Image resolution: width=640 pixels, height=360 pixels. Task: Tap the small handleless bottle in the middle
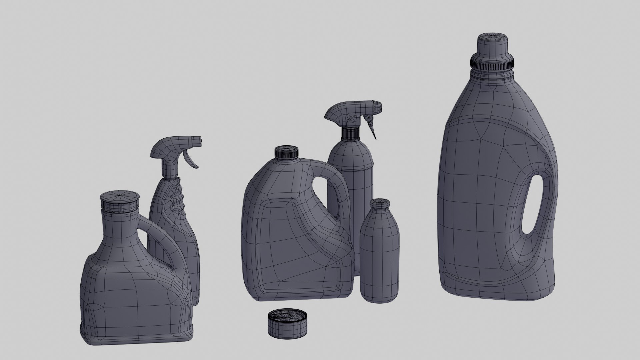pos(380,253)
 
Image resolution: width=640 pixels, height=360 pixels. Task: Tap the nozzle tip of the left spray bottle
pos(199,140)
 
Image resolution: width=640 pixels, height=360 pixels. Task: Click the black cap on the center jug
pos(286,152)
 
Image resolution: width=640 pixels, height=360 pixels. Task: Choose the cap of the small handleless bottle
pos(380,203)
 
